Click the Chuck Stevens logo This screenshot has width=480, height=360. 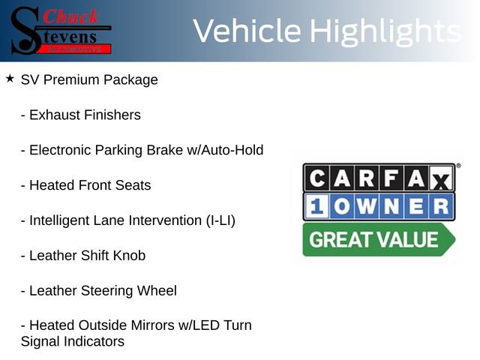click(x=61, y=30)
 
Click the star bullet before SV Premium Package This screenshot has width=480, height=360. click(x=10, y=78)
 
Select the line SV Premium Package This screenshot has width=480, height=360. click(x=89, y=79)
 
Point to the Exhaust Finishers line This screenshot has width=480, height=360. click(x=80, y=115)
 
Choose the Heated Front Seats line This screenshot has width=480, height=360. click(x=85, y=185)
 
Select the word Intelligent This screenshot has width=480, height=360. click(x=63, y=220)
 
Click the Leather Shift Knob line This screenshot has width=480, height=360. click(x=82, y=256)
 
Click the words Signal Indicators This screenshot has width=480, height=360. click(x=72, y=342)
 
